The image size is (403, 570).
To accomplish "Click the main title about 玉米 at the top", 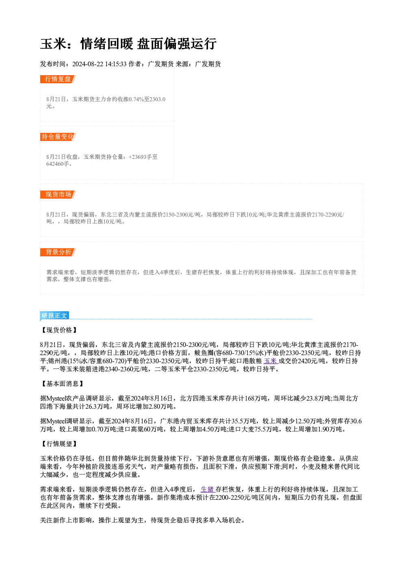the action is pos(128,43).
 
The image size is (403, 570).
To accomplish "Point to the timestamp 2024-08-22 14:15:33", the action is pos(99,64).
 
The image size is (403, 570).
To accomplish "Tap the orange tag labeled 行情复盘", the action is pos(58,79).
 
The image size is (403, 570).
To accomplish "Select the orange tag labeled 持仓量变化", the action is pos(58,137).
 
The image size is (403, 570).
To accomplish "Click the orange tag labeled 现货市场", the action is pos(58,195).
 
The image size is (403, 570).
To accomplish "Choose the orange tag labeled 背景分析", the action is pos(58,252).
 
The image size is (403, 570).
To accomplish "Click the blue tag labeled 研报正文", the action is pos(54,316).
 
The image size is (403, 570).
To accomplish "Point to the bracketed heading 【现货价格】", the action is pos(59,330).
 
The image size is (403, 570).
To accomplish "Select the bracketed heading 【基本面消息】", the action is pos(62,384).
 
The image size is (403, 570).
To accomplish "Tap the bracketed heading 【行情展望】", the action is pos(59,444).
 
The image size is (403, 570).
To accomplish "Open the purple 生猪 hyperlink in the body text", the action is pos(208,489).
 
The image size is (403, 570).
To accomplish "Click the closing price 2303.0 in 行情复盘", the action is pos(158,99).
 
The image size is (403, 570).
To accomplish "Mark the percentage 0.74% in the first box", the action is pos(136,99).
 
